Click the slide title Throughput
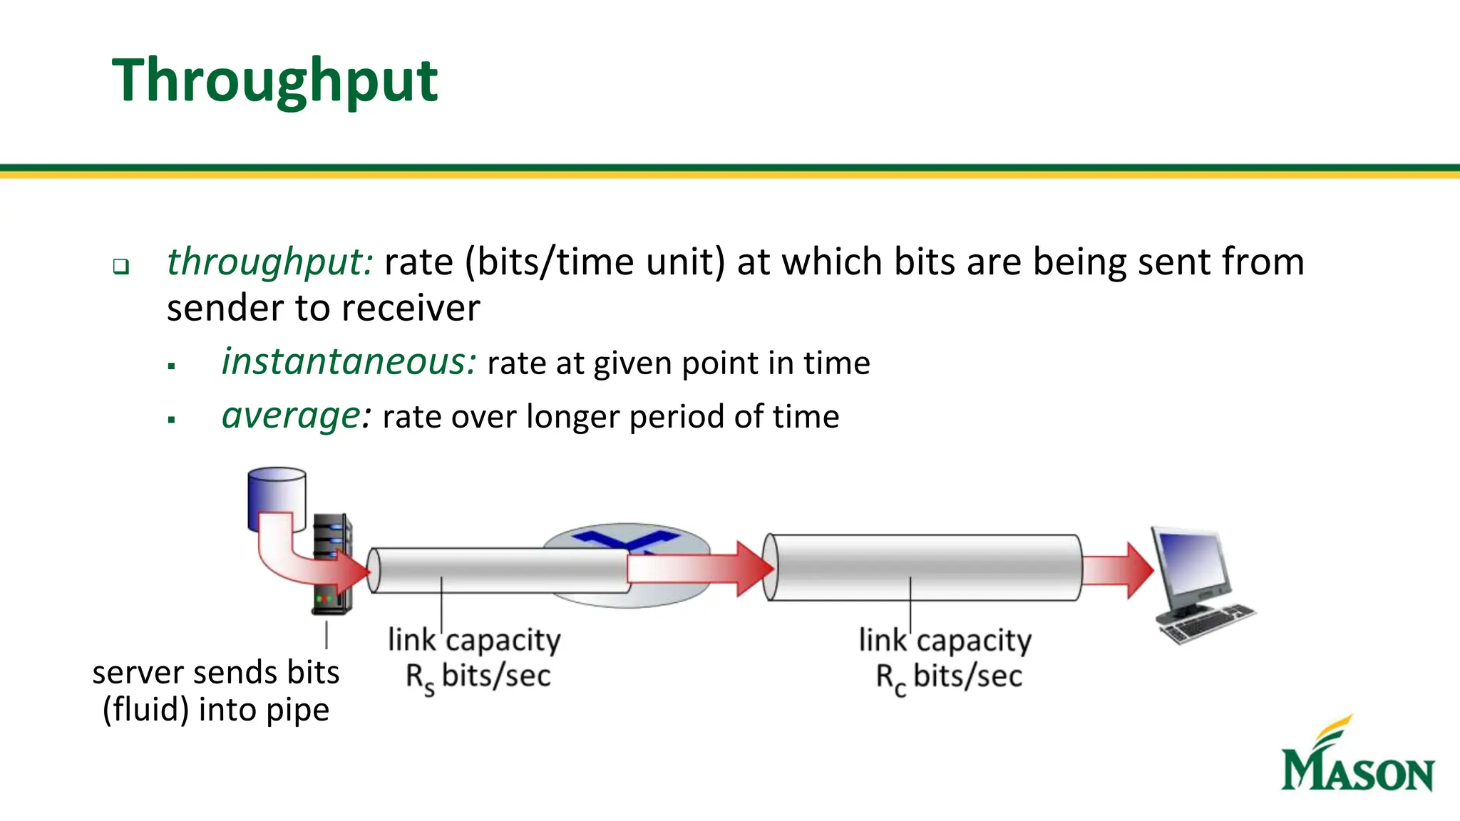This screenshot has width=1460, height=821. pos(274,81)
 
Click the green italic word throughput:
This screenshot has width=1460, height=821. pos(269,262)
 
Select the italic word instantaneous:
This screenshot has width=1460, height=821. pos(348,362)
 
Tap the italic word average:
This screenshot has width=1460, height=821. pos(296,415)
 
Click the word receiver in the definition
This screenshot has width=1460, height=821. pos(413,309)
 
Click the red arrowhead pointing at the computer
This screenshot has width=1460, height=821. pos(1139,569)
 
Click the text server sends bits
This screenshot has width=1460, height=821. pos(216,673)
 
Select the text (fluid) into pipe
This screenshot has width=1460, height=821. pos(216,710)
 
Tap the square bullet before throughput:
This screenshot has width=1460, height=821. pos(121,267)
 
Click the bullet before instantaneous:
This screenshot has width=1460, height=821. pos(171,366)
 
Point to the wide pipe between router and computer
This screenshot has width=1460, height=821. pos(923,568)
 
